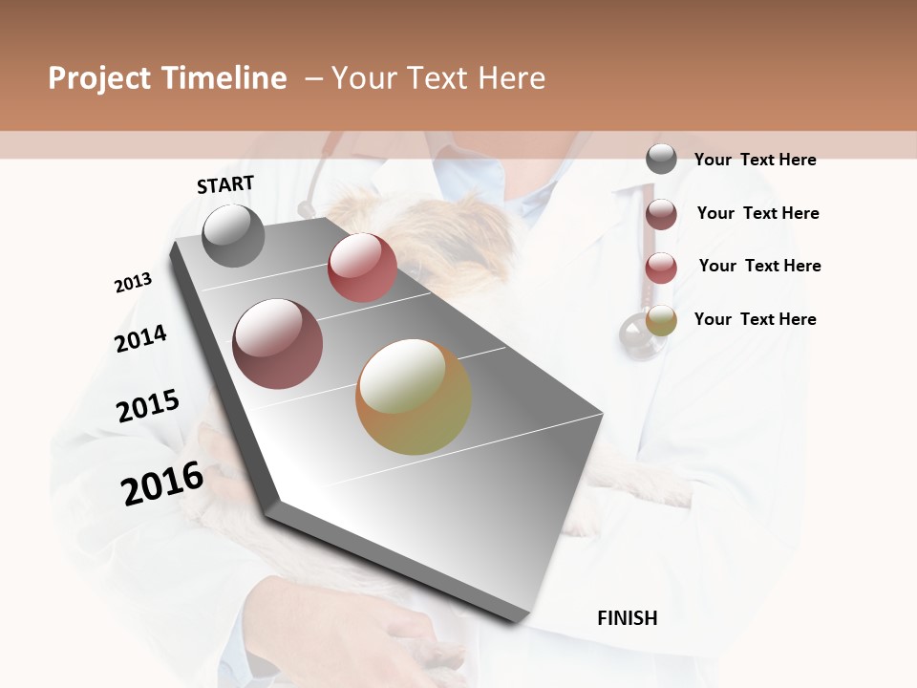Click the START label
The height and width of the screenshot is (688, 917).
tap(225, 184)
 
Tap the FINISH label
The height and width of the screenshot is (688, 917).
tap(627, 618)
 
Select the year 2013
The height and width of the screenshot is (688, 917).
tap(133, 283)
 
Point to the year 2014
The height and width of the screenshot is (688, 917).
tap(140, 338)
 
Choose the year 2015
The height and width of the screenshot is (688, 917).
tap(148, 406)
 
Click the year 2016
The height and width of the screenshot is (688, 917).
tap(162, 483)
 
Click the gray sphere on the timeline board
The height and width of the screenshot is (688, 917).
tap(233, 235)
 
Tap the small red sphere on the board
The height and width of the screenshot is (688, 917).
tap(362, 268)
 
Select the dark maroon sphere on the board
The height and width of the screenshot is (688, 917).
tap(278, 344)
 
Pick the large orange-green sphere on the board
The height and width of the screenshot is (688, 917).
tap(414, 397)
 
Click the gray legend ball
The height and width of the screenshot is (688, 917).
tap(661, 160)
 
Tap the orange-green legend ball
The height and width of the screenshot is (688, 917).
tap(661, 321)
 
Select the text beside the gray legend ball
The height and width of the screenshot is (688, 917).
tap(755, 160)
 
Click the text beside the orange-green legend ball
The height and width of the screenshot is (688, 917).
tap(755, 319)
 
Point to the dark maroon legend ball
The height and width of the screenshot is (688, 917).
tap(661, 214)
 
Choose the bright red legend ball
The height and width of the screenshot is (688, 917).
tap(661, 268)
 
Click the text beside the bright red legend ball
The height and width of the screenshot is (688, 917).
tap(759, 266)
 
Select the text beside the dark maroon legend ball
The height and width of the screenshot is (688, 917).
tap(757, 213)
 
